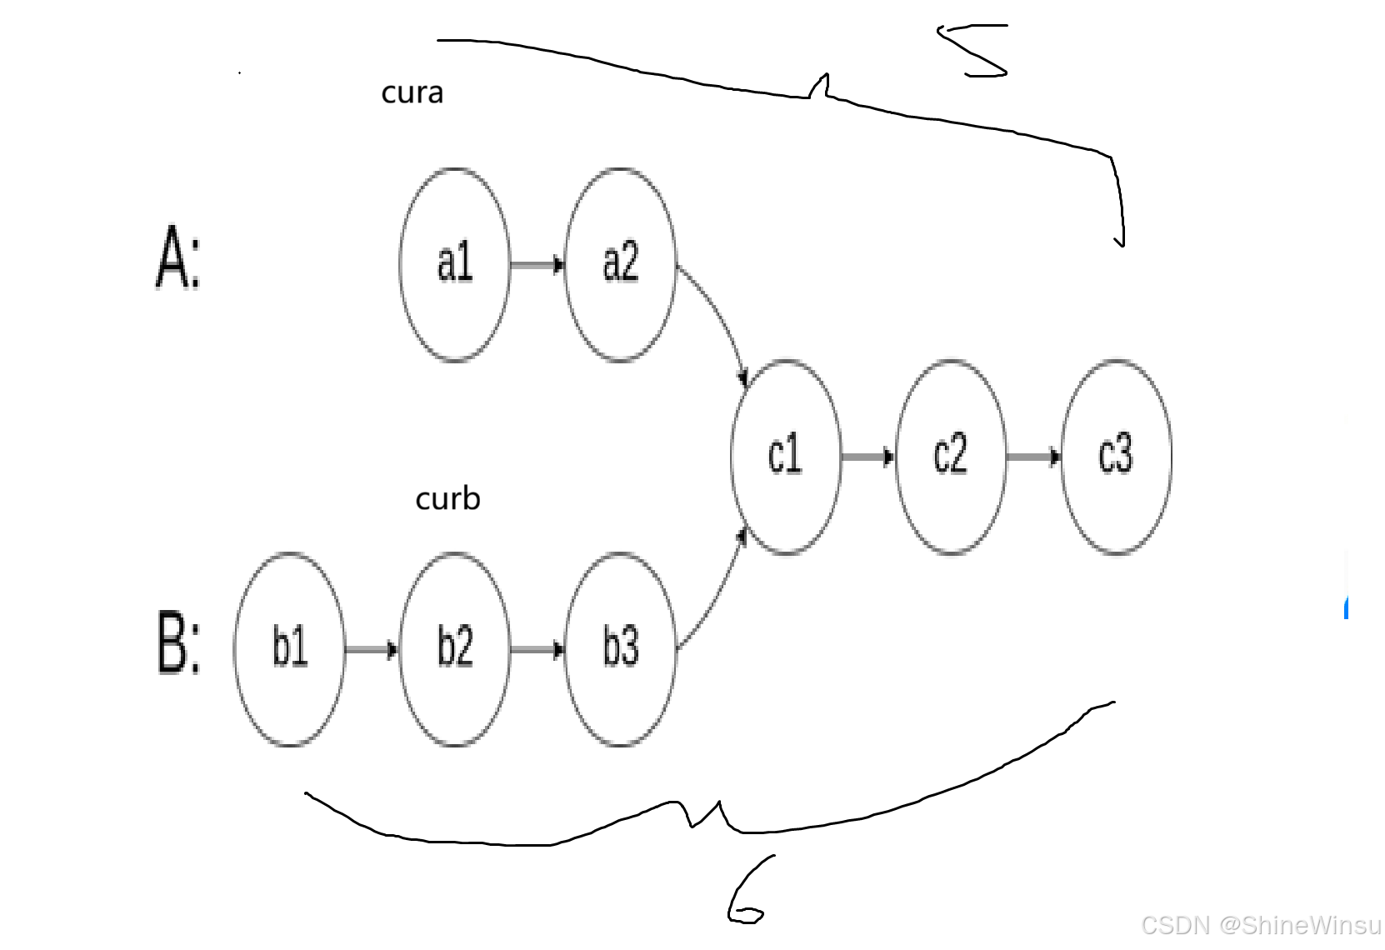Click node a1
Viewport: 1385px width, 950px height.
[x=454, y=264]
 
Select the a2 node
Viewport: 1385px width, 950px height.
[x=620, y=264]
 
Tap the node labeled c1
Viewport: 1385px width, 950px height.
[x=785, y=457]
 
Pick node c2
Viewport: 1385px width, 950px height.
[x=950, y=457]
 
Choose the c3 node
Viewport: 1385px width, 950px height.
[x=1116, y=457]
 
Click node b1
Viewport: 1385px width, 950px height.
[x=289, y=648]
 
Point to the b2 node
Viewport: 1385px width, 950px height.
[x=454, y=648]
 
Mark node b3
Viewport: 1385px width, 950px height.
[x=620, y=648]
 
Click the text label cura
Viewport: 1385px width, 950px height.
[x=412, y=92]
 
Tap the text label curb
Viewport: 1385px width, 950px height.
[x=447, y=498]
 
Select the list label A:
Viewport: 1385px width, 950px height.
[x=178, y=257]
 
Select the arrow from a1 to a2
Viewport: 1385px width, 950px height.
[x=537, y=265]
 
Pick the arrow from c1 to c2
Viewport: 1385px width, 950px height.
[x=867, y=457]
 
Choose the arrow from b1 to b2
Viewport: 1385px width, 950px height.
[x=372, y=649]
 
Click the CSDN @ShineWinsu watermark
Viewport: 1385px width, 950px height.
[x=1260, y=925]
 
